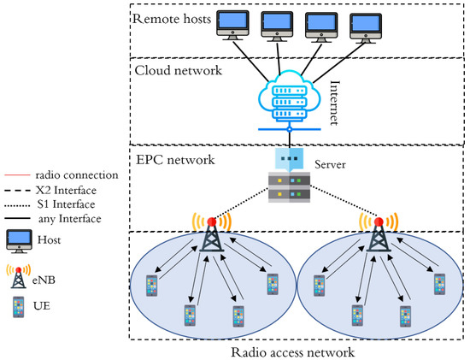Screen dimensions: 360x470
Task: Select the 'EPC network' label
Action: coord(171,158)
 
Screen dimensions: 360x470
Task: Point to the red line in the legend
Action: coord(19,174)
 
